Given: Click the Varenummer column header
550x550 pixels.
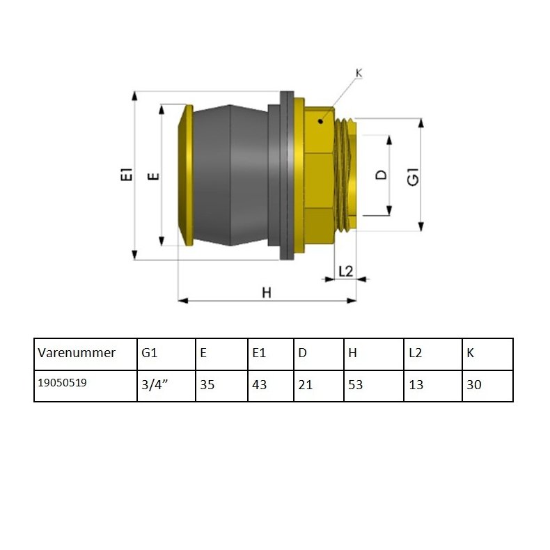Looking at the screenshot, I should click(x=77, y=353).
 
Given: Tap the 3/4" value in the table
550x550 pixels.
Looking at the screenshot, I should click(x=157, y=385).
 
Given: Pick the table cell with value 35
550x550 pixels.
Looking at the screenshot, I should click(x=207, y=385).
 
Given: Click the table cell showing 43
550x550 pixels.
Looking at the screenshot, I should click(x=259, y=385).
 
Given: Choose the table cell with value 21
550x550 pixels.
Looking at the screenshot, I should click(x=305, y=385).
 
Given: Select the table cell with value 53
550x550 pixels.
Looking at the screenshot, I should click(x=355, y=385).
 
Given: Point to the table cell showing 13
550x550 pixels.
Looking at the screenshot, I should click(x=416, y=385).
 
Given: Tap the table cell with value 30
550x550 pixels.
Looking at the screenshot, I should click(x=474, y=385).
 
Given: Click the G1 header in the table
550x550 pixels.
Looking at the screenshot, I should click(x=149, y=353).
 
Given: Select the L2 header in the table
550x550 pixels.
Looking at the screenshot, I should click(x=415, y=353).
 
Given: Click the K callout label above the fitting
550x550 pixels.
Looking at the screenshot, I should click(x=359, y=73).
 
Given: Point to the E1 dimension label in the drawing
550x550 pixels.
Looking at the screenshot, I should click(x=126, y=175).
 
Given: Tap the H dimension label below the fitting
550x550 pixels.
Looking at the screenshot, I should click(x=266, y=293).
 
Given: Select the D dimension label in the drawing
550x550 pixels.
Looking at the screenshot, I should click(x=381, y=175).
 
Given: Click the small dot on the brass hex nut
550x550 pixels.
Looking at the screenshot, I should click(x=320, y=122).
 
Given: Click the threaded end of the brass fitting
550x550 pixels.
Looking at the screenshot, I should click(x=345, y=174).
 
